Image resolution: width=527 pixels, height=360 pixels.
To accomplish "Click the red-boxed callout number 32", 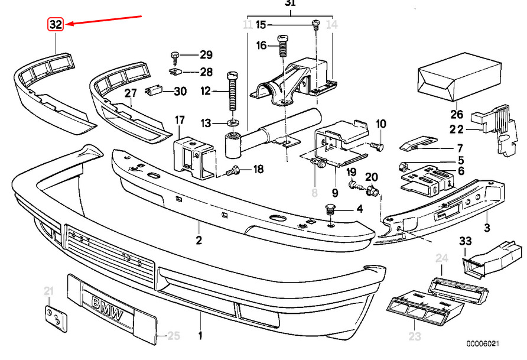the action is tap(56, 24).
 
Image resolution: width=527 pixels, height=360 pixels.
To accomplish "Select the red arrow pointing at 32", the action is tap(103, 20).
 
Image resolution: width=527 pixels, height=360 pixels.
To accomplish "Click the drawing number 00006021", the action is tap(482, 343).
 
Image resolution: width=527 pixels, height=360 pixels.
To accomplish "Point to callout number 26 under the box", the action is tap(457, 114).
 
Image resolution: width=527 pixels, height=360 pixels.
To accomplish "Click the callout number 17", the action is tap(180, 120).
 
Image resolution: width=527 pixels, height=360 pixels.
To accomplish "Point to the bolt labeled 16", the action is tap(282, 46).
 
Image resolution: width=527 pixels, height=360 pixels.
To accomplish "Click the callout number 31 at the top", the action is tap(290, 3).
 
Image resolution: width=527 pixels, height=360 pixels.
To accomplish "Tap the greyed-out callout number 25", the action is tap(174, 335).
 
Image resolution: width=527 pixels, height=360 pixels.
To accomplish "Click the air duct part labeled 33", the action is tap(492, 261).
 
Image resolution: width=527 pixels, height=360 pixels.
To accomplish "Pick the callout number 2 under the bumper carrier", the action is tap(199, 240).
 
